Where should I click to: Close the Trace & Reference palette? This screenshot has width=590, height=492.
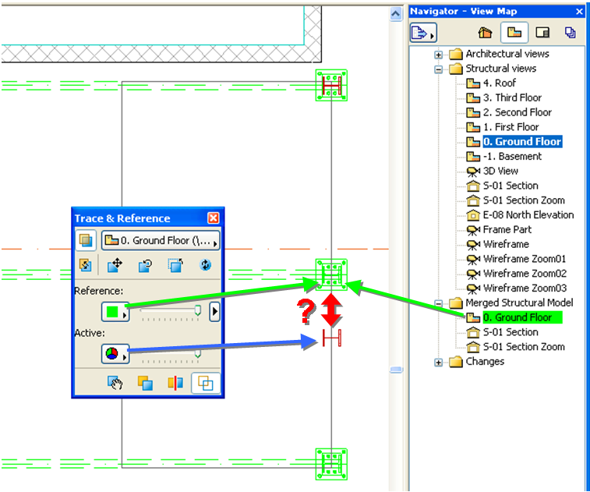click(x=214, y=218)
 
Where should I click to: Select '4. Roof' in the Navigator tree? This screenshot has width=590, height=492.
click(x=499, y=83)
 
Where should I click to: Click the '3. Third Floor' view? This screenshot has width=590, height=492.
click(x=511, y=97)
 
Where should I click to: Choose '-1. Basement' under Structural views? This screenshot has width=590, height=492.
click(x=511, y=156)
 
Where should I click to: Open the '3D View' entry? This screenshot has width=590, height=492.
click(x=500, y=171)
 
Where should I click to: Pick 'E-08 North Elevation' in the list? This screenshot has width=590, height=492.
click(x=528, y=214)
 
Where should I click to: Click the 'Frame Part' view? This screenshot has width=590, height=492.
click(x=507, y=229)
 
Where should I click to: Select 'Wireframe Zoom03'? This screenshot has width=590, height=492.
click(x=525, y=288)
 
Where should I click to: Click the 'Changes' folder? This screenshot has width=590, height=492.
click(x=484, y=361)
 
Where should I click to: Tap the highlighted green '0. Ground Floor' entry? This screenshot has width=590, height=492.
click(x=517, y=317)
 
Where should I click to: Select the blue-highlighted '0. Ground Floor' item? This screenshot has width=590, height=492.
click(x=521, y=141)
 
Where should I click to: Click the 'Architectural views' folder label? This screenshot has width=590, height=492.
click(x=507, y=54)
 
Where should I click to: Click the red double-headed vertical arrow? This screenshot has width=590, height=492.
click(x=332, y=310)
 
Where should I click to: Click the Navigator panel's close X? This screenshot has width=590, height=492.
click(x=579, y=12)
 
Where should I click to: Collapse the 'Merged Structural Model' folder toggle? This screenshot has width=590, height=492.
click(x=439, y=303)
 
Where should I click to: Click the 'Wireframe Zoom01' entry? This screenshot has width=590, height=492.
click(x=524, y=258)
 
